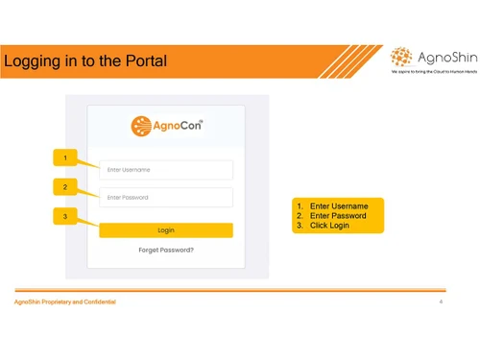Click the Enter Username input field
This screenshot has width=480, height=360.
(166, 170)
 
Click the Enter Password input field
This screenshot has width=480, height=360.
(166, 198)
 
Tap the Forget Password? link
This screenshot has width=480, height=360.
(166, 250)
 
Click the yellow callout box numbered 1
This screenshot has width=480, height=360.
(64, 157)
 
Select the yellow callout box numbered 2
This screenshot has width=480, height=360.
(64, 187)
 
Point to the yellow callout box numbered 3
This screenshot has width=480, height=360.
(64, 217)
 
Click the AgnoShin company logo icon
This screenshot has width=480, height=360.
(403, 58)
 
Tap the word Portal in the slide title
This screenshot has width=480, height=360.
(145, 62)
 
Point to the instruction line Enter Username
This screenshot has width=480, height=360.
(338, 205)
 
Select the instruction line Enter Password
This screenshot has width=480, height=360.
(338, 216)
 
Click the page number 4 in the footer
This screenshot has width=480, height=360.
(440, 302)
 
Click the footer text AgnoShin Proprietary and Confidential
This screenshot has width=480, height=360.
(64, 302)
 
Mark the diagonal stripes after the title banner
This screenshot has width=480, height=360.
(350, 61)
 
